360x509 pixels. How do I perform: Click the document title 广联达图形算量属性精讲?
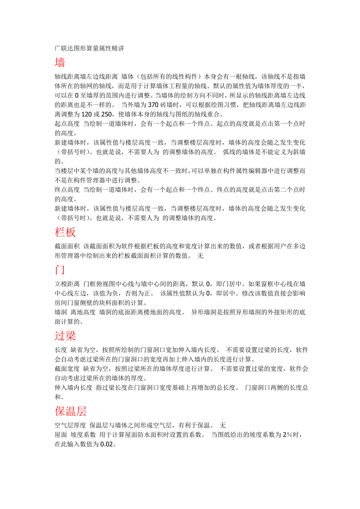89,48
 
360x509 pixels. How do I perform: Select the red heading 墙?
60,63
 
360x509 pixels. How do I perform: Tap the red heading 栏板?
65,232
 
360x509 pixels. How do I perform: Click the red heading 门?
60,270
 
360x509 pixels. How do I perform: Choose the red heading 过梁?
65,335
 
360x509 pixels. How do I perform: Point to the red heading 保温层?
71,411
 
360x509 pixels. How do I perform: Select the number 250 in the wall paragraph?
104,115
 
